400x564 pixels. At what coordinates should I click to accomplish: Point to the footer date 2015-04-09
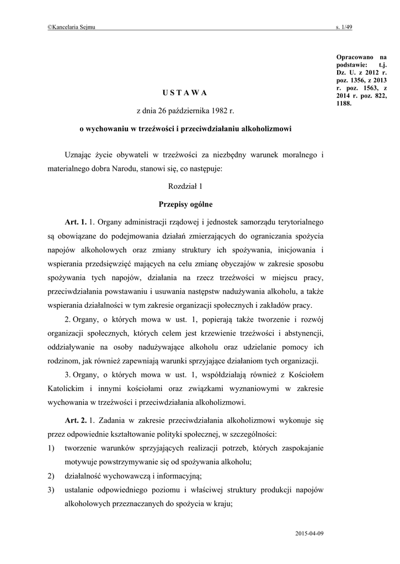click(x=310, y=534)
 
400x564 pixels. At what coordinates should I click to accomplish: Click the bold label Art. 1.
click(x=76, y=223)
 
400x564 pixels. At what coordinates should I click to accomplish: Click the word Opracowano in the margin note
click(x=353, y=57)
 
